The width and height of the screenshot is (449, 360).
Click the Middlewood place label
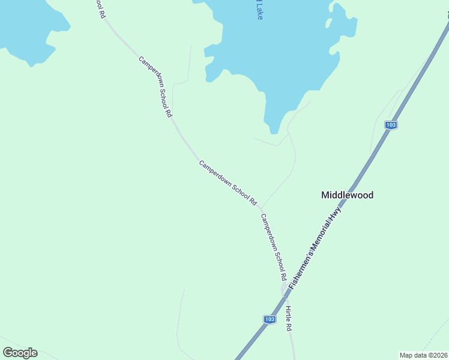point(347,195)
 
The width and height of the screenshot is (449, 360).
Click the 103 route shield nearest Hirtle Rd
point(270,319)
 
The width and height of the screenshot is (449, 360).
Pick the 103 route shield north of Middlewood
point(391,125)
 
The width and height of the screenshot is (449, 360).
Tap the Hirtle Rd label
point(289,318)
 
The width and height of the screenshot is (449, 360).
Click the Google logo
point(20,353)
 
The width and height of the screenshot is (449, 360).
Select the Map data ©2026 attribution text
point(423,355)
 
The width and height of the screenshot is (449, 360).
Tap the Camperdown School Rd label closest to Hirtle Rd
point(272,247)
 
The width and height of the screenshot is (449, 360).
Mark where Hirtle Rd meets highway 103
point(285,292)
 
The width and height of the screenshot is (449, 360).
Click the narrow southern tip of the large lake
point(274,129)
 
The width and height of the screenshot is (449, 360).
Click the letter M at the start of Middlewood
point(325,195)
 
